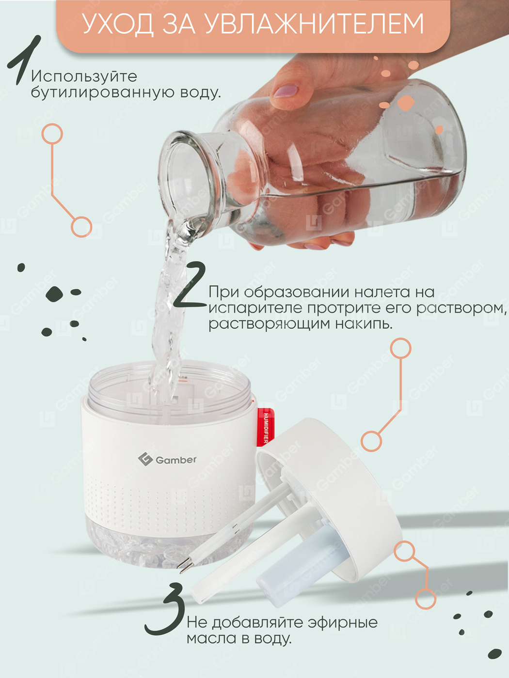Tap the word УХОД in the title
click(x=118, y=24)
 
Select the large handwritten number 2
click(x=190, y=284)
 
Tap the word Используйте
click(x=84, y=77)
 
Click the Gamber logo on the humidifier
click(x=167, y=460)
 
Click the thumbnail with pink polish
click(x=286, y=91)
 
